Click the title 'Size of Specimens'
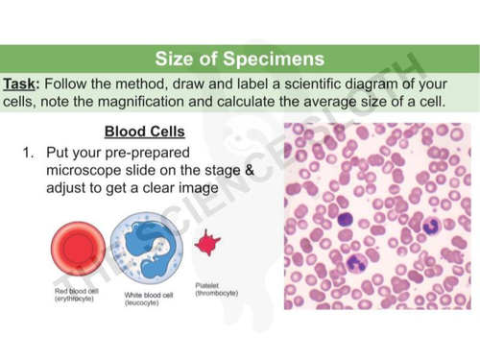click(240, 60)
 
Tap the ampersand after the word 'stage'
click(247, 169)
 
